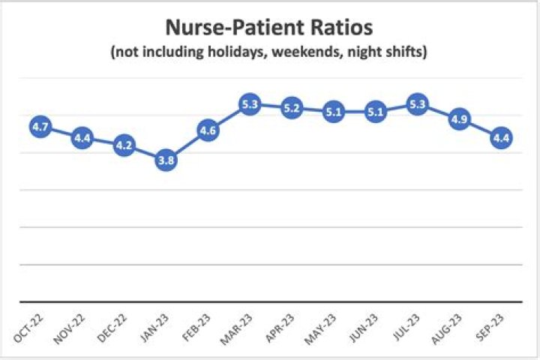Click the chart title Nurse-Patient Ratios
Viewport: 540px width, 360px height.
269,30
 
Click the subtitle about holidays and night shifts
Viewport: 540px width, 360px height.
269,54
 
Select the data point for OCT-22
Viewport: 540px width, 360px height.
40,127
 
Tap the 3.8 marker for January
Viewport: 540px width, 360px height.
166,160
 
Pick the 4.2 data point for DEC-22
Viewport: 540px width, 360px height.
124,145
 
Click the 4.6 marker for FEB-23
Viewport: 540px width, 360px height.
208,131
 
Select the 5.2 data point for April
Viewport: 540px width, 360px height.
292,109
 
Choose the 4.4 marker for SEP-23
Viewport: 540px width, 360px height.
501,139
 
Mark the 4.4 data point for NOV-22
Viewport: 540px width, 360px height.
82,139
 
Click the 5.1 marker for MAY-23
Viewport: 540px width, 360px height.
334,112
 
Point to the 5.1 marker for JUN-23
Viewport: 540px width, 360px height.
375,112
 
